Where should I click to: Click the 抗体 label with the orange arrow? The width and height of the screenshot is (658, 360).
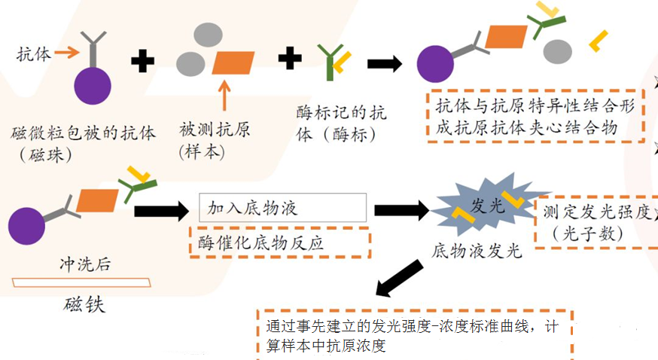coord(34,54)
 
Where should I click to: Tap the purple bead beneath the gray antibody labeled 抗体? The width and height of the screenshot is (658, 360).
coord(93,86)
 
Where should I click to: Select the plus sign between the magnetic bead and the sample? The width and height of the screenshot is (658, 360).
coord(143,61)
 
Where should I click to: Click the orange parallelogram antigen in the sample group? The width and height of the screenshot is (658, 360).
coord(233,63)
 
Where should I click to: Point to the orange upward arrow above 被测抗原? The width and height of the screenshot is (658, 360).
coord(224,95)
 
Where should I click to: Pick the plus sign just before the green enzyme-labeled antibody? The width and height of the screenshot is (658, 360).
coord(290,57)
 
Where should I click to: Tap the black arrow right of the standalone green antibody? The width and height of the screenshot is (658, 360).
coord(385,64)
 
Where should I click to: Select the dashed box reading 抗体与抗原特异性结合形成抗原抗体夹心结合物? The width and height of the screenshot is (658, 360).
coord(535,116)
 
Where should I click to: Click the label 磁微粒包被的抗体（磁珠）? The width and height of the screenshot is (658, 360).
coord(83,144)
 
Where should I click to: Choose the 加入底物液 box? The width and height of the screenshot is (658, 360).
coord(282,207)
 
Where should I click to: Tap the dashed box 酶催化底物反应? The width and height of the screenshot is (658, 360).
coord(280,243)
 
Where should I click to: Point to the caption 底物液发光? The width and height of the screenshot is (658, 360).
coord(477,251)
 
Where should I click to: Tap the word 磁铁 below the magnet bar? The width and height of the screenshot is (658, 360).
coord(84,304)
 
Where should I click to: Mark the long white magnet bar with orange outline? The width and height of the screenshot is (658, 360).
coord(81,282)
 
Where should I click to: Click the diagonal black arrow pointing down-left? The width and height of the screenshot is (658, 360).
coord(399,278)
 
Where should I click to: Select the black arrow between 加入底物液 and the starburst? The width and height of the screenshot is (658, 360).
coord(401,210)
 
